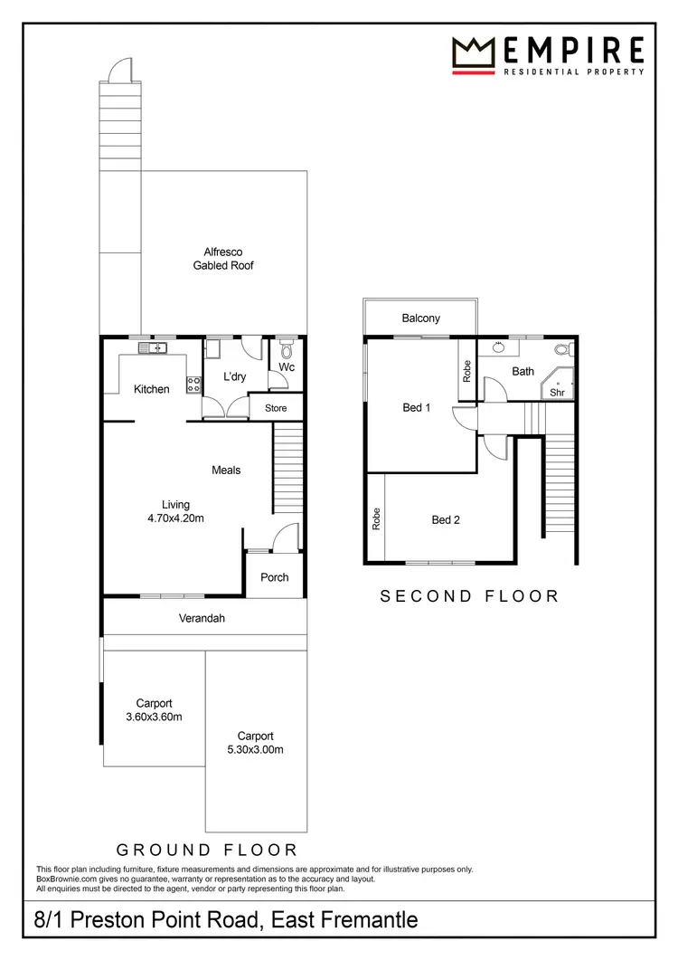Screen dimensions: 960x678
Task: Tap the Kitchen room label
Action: (x=152, y=390)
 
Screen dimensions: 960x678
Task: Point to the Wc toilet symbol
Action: (x=287, y=348)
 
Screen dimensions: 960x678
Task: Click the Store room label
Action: (x=276, y=408)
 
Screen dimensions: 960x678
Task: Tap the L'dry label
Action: (x=223, y=377)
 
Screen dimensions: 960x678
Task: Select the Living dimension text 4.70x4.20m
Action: (x=175, y=518)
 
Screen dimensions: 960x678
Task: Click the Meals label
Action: (x=226, y=470)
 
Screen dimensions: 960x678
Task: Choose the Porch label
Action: (x=275, y=577)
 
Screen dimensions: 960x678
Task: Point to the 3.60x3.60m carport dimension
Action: (x=154, y=718)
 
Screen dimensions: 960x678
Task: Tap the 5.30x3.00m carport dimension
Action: (x=255, y=750)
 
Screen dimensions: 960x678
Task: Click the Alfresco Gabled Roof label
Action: (x=223, y=259)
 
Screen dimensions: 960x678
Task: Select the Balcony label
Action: (x=421, y=318)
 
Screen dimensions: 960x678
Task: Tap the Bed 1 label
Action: (x=416, y=408)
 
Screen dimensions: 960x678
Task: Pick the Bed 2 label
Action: (x=446, y=519)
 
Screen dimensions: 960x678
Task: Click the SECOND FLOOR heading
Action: (x=469, y=596)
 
